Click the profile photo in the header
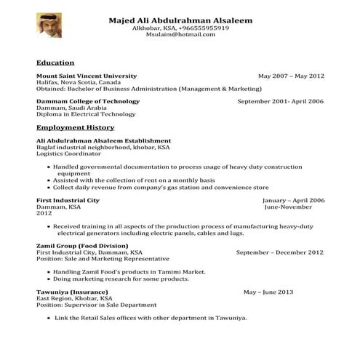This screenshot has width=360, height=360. click(x=49, y=25)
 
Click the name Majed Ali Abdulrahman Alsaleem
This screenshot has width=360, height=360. click(x=180, y=20)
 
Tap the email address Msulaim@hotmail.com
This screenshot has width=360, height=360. click(x=180, y=35)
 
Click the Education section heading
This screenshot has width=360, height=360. click(x=55, y=63)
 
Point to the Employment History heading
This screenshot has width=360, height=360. click(x=75, y=127)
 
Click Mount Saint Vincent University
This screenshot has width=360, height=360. click(x=86, y=76)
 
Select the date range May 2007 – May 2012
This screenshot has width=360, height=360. click(x=291, y=76)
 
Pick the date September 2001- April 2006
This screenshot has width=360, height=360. click(x=281, y=101)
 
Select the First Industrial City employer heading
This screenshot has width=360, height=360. click(x=68, y=200)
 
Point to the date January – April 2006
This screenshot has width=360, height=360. click(x=293, y=200)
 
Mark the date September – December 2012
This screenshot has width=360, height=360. click(x=280, y=252)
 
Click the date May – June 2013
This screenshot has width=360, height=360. click(x=268, y=292)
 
